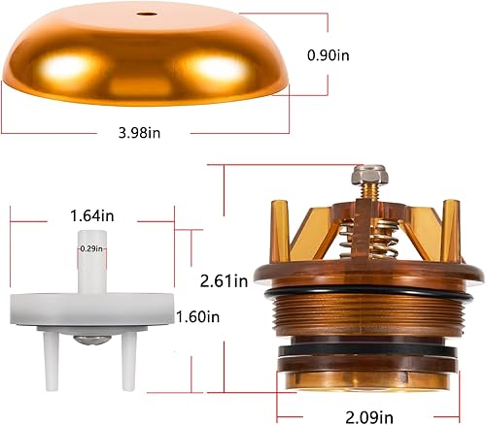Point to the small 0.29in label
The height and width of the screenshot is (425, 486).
pyautogui.click(x=91, y=248)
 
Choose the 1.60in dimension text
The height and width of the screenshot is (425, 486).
pyautogui.click(x=199, y=316)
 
